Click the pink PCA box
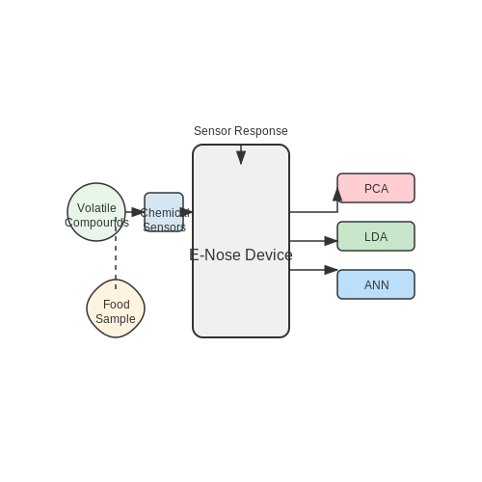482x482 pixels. [x=376, y=188]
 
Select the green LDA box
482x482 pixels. [x=376, y=236]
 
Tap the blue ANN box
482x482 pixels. [x=376, y=284]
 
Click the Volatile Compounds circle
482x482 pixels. [x=96, y=212]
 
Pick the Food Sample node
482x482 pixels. [x=116, y=308]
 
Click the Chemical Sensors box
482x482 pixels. [x=164, y=212]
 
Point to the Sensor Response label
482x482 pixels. [x=241, y=131]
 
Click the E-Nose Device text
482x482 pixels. [x=241, y=254]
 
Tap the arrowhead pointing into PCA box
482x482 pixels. [x=337, y=195]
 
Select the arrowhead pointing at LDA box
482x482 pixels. [x=331, y=241]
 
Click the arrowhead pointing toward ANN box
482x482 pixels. [x=331, y=270]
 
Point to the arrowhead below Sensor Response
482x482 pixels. [x=241, y=158]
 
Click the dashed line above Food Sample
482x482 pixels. [x=116, y=253]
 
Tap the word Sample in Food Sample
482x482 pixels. [x=116, y=319]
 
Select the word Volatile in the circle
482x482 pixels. [x=96, y=208]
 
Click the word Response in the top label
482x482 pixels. [x=261, y=131]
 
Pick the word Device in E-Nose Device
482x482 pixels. [x=269, y=254]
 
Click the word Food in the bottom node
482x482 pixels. [x=117, y=305]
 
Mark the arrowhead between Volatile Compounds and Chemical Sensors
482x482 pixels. [x=138, y=212]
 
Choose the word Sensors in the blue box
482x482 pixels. [x=165, y=228]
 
